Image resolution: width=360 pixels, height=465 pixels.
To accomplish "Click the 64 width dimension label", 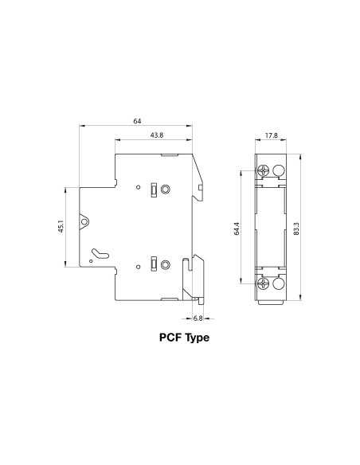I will click(x=137, y=121).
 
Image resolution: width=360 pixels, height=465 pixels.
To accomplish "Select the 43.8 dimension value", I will click(x=156, y=136).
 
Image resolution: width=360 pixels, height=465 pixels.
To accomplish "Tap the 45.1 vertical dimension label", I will click(x=61, y=228).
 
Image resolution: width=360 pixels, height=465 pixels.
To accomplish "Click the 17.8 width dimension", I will click(x=271, y=136).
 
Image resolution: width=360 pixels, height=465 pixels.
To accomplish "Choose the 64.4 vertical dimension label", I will click(x=237, y=229).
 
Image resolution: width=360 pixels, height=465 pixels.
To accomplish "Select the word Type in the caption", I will click(x=197, y=338).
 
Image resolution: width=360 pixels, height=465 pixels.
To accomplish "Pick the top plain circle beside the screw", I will click(x=278, y=170).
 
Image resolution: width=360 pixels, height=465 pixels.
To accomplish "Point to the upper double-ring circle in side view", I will click(x=165, y=190).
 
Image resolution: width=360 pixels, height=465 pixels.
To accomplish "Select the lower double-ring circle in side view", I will click(x=165, y=264).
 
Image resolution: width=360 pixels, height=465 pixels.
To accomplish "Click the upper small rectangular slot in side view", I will click(x=152, y=190).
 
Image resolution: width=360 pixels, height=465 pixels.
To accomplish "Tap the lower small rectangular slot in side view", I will click(x=152, y=264).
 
